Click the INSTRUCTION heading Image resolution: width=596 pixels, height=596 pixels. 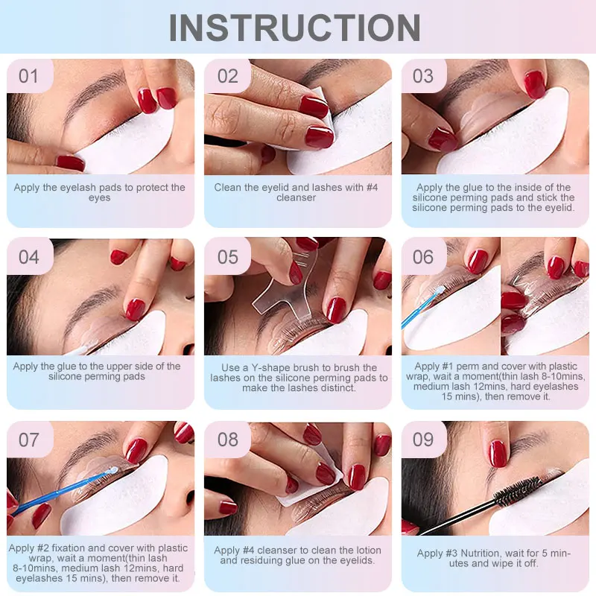tap(294, 28)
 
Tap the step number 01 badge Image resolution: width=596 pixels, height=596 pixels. tap(30, 76)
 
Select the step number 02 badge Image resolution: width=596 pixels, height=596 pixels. tap(227, 76)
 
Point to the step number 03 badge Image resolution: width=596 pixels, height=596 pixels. tap(423, 76)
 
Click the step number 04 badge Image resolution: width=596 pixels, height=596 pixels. tap(30, 256)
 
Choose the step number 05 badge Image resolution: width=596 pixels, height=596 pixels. tap(227, 256)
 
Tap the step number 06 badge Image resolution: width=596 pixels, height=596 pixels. tap(423, 256)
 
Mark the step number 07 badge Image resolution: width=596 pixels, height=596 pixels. tap(30, 440)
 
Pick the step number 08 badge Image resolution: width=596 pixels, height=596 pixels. tap(227, 440)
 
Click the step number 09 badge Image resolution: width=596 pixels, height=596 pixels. tap(423, 440)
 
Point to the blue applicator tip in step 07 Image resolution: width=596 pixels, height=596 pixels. tap(112, 471)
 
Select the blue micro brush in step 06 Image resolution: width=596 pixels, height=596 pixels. tap(422, 306)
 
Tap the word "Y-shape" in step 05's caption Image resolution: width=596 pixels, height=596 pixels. tap(273, 368)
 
